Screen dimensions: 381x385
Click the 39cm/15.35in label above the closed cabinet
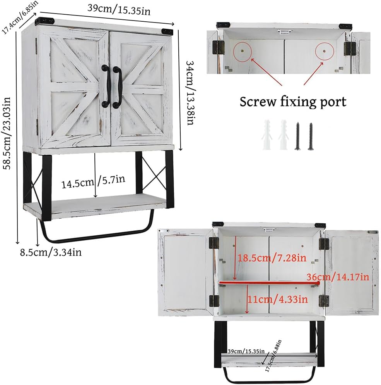click(x=119, y=10)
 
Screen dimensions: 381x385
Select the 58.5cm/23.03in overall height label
click(x=7, y=133)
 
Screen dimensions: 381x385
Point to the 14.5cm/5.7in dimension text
click(x=93, y=182)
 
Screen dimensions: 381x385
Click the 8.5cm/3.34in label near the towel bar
click(x=51, y=252)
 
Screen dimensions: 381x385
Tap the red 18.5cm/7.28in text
click(x=272, y=258)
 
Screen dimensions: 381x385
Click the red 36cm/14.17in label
click(x=338, y=277)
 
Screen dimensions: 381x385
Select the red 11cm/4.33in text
click(x=278, y=299)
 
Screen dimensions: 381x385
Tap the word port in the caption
click(x=333, y=102)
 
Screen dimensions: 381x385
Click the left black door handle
click(x=107, y=86)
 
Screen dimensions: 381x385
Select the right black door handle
click(x=117, y=87)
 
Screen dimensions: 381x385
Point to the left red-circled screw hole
click(x=242, y=50)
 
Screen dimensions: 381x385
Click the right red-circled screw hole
click(x=325, y=52)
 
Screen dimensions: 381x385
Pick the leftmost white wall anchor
click(x=267, y=135)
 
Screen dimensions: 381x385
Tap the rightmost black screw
click(x=311, y=136)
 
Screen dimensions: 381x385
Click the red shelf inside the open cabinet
click(x=269, y=283)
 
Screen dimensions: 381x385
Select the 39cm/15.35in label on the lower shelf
click(x=246, y=351)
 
